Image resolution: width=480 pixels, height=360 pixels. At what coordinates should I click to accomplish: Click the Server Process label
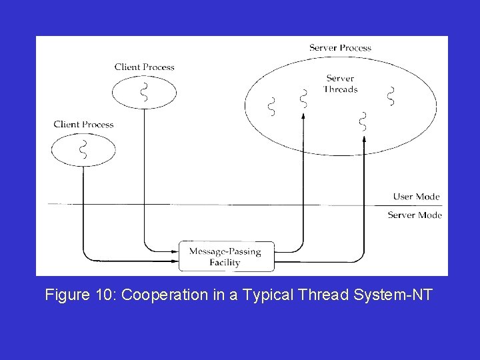click(x=340, y=48)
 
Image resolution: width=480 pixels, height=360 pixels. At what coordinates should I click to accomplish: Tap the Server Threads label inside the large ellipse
click(x=341, y=84)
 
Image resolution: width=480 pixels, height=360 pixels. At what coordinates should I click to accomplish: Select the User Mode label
click(x=416, y=197)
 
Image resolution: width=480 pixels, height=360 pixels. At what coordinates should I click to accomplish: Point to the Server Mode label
click(x=414, y=215)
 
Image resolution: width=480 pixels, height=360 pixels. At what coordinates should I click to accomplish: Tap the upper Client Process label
click(x=144, y=67)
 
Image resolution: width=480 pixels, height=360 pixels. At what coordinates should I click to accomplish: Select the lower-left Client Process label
click(x=83, y=124)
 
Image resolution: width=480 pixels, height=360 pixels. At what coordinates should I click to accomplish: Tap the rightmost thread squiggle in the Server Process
click(x=391, y=96)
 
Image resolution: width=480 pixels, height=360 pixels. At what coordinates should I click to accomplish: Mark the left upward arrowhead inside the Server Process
click(x=303, y=115)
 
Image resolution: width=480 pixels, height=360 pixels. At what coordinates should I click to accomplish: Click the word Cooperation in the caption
click(x=162, y=294)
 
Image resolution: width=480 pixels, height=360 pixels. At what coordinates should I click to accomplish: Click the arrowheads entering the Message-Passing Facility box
click(x=175, y=252)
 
